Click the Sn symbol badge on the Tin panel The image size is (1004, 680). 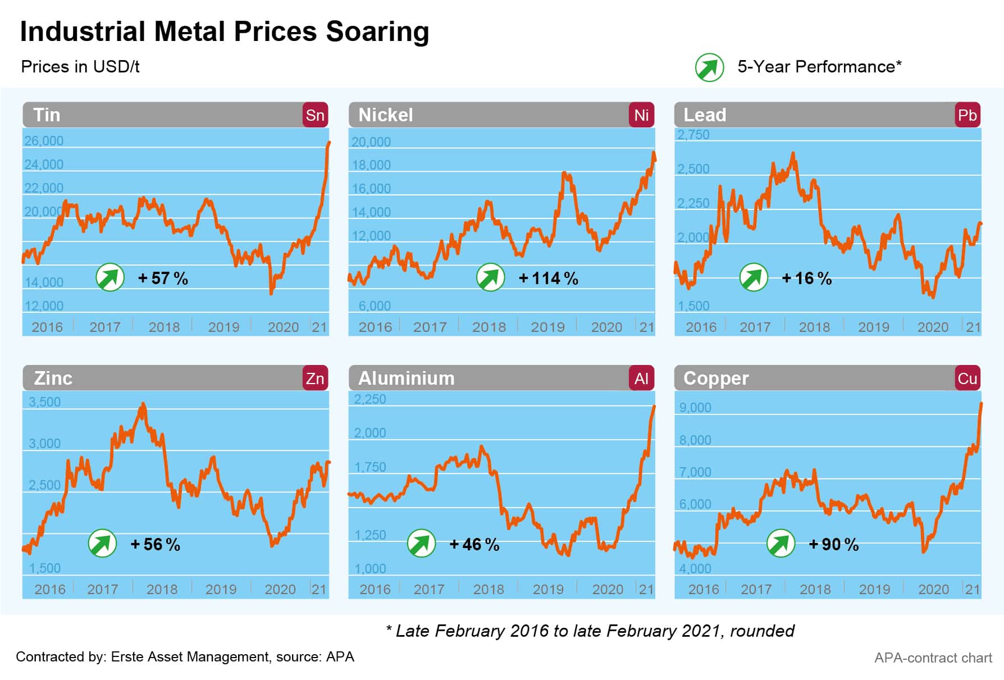[315, 115]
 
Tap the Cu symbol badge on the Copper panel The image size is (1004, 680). [967, 378]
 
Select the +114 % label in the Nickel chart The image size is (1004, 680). [548, 278]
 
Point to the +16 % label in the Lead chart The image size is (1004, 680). [806, 278]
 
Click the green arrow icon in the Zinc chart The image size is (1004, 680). [102, 544]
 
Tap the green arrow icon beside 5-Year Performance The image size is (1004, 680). [709, 67]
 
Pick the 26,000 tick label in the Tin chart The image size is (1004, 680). [44, 141]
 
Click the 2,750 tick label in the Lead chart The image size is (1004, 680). [693, 135]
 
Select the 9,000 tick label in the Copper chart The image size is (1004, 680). [695, 408]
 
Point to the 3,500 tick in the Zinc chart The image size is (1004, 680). [45, 402]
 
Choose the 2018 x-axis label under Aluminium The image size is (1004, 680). [489, 589]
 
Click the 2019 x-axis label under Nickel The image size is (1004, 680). [547, 327]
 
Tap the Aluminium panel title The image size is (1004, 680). [407, 378]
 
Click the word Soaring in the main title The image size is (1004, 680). [377, 31]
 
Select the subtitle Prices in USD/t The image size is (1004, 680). [80, 67]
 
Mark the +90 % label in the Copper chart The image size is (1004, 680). [833, 544]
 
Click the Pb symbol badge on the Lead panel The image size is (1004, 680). [967, 115]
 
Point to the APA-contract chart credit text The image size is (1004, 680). [933, 658]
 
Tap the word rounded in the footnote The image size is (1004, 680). [762, 631]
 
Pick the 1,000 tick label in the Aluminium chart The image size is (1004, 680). [370, 568]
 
